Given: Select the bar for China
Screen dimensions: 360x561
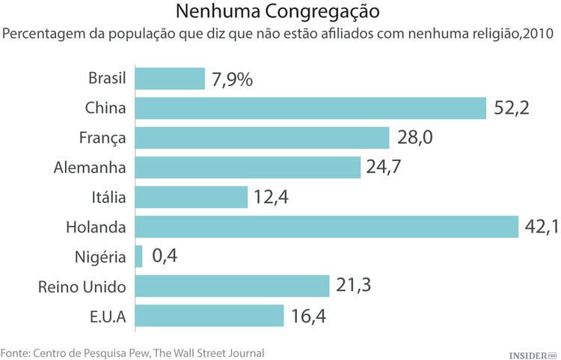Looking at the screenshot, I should pos(310,109).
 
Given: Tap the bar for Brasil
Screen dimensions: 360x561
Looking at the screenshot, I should pos(170,79).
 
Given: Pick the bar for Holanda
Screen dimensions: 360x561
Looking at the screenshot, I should pos(326,227).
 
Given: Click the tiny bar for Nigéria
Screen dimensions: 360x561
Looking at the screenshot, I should pos(139,257).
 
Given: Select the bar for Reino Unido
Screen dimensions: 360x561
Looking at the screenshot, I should pos(233,286).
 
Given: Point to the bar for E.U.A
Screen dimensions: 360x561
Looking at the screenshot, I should pos(209,316).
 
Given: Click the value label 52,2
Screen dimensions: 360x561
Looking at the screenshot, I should pos(512,109).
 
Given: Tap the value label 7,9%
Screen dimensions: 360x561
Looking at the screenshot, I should pos(232,79).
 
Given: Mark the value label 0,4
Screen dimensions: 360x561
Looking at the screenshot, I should pos(165,257).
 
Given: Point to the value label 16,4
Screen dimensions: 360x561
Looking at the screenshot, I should pos(310,316).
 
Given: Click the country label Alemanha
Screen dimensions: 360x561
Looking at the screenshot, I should pos(90,168).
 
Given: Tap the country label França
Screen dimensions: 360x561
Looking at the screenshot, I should pos(102,138).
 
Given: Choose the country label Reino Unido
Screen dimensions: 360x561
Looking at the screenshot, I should pos(82,286).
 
